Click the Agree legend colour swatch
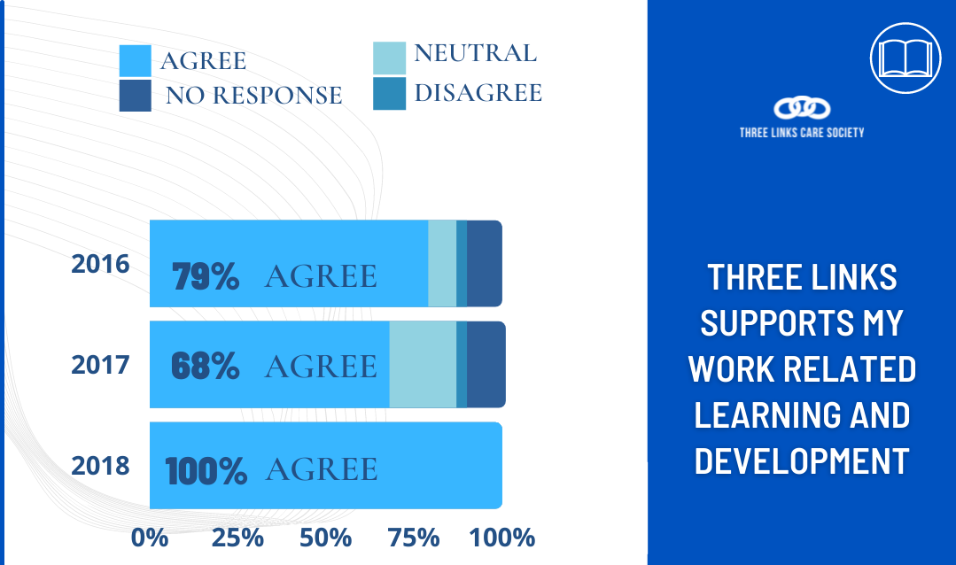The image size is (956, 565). point(136,61)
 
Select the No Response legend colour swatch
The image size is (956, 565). point(136,96)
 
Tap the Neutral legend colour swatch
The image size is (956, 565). point(390,58)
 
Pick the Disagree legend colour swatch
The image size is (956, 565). point(390,93)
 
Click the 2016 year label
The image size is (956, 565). point(101,264)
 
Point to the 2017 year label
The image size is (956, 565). point(101,365)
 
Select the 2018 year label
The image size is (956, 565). point(101,466)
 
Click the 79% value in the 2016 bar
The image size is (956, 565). point(206,276)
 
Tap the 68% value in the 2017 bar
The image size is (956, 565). point(206,366)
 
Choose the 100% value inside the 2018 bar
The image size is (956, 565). point(206,471)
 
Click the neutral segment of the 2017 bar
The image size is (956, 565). point(424,365)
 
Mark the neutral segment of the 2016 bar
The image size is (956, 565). point(442,263)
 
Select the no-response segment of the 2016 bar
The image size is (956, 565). point(485,263)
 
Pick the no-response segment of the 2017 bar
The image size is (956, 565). point(486,365)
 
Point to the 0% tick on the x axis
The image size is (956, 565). point(150,538)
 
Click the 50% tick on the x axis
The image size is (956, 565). point(325,538)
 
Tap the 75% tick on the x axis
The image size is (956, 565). point(414,538)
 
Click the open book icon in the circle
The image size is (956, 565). point(906,58)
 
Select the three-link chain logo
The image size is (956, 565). point(802,109)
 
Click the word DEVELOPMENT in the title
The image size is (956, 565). point(802,461)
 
